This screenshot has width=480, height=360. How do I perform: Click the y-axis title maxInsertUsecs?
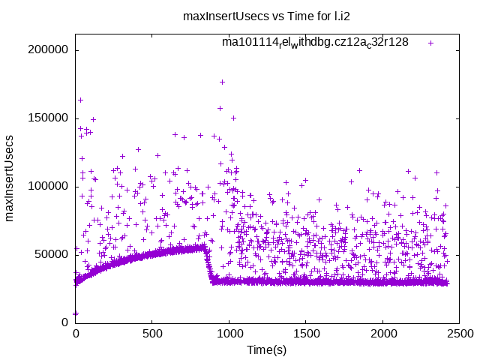10,178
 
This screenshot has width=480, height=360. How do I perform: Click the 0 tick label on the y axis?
65,322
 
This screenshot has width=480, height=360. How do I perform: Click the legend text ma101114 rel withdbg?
315,43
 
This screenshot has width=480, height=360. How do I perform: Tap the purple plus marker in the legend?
430,43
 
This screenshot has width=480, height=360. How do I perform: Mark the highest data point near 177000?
222,82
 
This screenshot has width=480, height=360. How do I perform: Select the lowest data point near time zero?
75,313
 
